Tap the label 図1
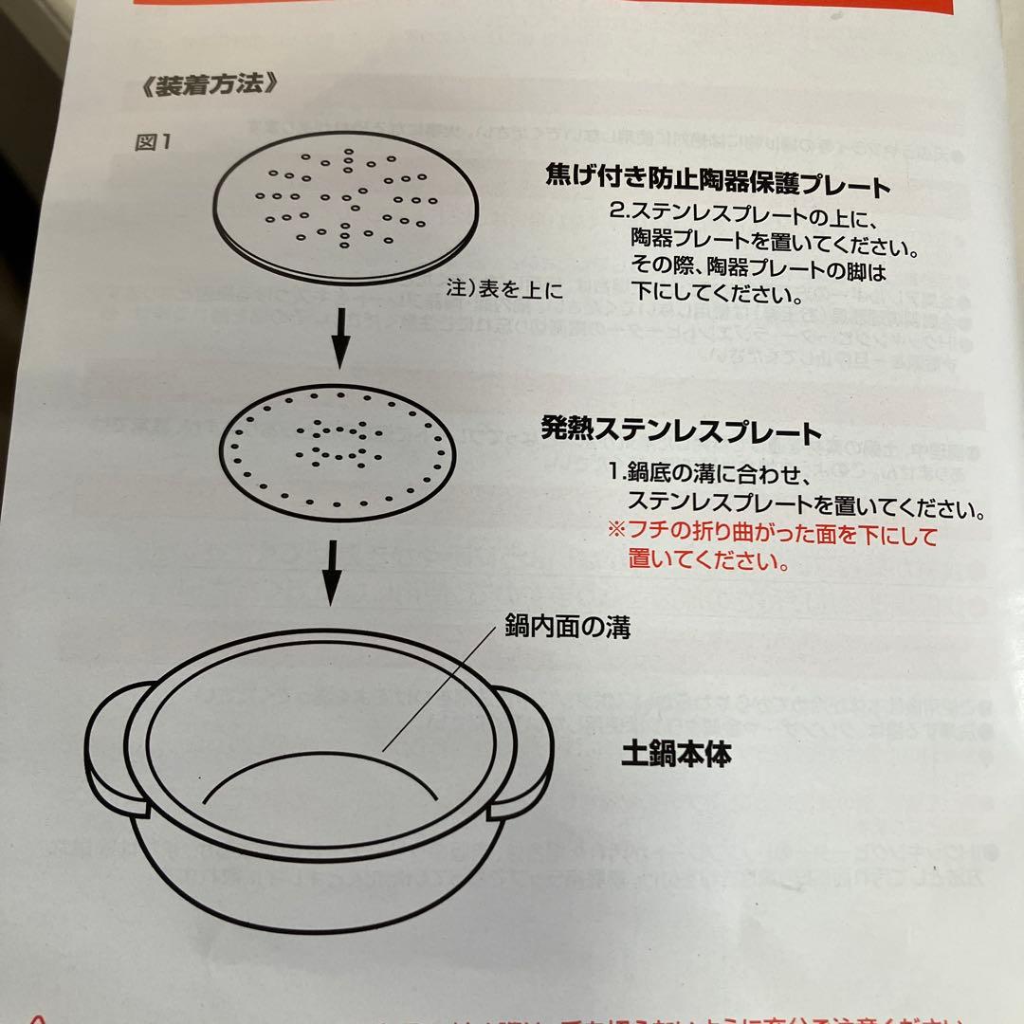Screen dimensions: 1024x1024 pos(152,142)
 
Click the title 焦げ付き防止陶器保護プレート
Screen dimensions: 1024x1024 pos(718,181)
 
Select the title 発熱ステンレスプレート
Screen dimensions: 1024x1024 pos(680,431)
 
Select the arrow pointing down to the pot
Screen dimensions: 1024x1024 pos(329,572)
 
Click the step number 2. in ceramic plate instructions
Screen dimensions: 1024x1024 pos(621,210)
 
